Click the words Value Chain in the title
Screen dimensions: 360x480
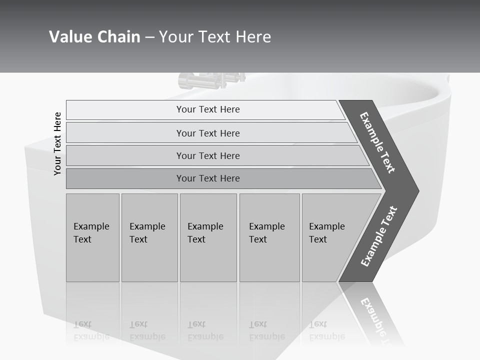pyautogui.click(x=94, y=37)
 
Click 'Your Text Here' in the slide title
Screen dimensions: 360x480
pyautogui.click(x=215, y=37)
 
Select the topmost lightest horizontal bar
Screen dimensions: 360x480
pyautogui.click(x=208, y=109)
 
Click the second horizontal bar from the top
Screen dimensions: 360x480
pyautogui.click(x=208, y=133)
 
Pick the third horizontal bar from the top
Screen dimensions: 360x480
pyautogui.click(x=208, y=155)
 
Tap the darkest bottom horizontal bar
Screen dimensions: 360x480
pyautogui.click(x=208, y=178)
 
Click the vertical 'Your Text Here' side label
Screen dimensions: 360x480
pyautogui.click(x=57, y=143)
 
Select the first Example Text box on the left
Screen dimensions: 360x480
pyautogui.click(x=92, y=237)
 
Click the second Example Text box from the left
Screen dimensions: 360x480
pyautogui.click(x=149, y=237)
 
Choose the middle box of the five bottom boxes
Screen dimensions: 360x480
pyautogui.click(x=208, y=237)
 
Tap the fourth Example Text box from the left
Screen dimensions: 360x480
pyautogui.click(x=269, y=237)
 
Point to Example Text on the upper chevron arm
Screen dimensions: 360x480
pyautogui.click(x=377, y=142)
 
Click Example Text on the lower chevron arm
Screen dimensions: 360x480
pyautogui.click(x=378, y=236)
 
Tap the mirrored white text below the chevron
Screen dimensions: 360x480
pyautogui.click(x=376, y=320)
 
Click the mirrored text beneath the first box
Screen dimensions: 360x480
pyautogui.click(x=91, y=330)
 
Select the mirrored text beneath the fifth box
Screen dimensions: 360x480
pyautogui.click(x=326, y=330)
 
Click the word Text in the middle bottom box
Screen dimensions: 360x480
pyautogui.click(x=196, y=239)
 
